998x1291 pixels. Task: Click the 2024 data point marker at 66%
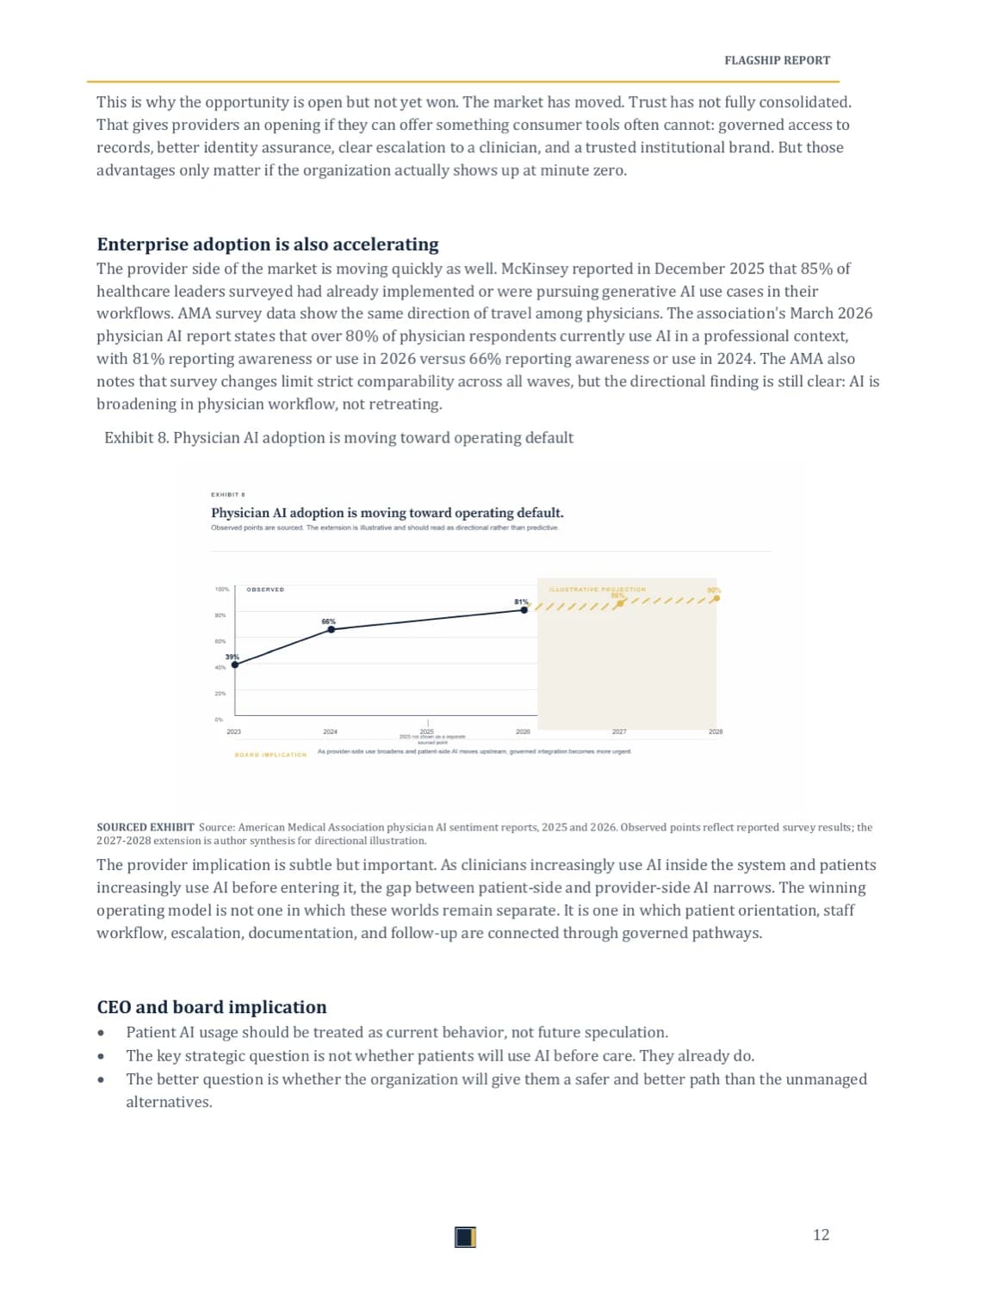332,630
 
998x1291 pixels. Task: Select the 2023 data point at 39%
235,664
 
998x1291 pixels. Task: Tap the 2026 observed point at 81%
524,610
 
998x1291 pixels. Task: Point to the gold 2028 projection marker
716,598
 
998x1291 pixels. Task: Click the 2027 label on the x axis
619,732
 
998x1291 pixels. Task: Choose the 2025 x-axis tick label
427,732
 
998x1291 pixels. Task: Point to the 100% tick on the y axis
221,590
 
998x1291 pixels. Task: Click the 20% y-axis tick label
220,694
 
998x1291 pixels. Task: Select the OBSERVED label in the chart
265,590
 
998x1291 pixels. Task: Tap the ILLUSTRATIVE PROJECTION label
597,590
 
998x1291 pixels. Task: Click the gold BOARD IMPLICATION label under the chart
270,755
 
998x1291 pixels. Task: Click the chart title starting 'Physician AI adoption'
387,513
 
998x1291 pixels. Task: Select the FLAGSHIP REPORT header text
777,60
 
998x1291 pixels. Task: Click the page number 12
821,1235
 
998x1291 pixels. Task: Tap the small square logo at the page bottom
465,1237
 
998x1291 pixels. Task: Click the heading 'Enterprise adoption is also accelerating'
268,244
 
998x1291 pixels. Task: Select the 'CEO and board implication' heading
212,1007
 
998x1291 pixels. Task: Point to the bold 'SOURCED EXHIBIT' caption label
146,827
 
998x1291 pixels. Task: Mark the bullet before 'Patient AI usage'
102,1033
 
